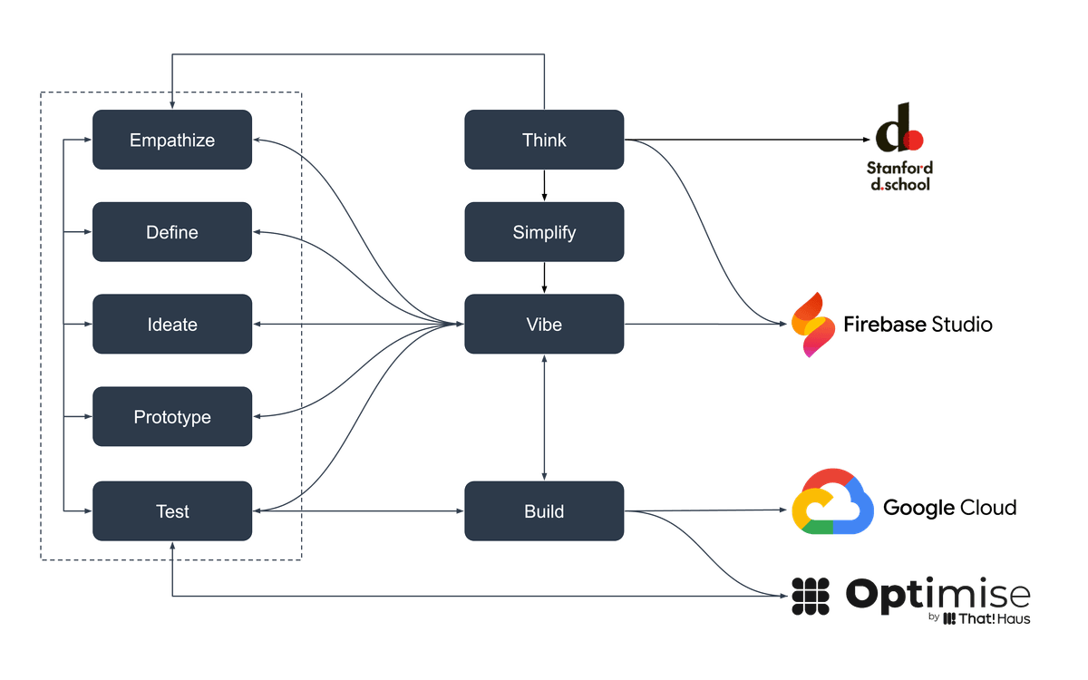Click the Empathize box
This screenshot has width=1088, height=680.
(x=172, y=140)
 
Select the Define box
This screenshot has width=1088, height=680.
(x=172, y=232)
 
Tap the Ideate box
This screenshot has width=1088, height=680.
(x=172, y=325)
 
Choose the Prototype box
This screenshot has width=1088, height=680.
(x=172, y=417)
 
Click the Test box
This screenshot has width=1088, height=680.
(x=172, y=511)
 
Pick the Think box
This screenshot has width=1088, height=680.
(x=544, y=140)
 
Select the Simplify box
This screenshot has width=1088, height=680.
(x=544, y=232)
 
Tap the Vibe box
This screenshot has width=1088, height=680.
(x=544, y=325)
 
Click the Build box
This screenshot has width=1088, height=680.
(x=544, y=511)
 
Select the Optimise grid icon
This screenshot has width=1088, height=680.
(x=811, y=596)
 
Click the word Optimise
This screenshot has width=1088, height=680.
(x=937, y=595)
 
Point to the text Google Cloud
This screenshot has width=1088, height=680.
(x=949, y=508)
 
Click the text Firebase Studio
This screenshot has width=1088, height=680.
(x=918, y=324)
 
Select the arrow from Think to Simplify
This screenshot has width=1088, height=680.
(x=544, y=186)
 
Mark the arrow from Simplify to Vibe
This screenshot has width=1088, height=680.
(x=544, y=278)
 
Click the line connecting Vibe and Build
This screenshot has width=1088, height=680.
(x=544, y=417)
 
